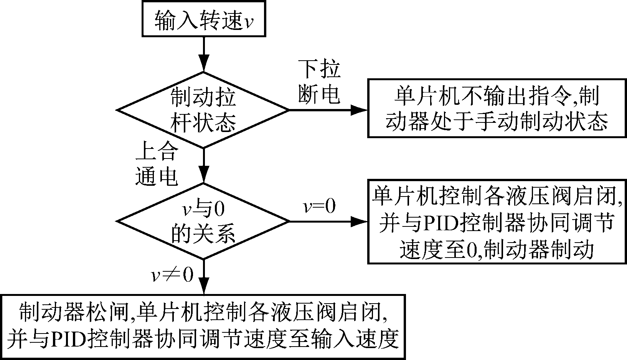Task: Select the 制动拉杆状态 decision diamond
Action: coord(203,110)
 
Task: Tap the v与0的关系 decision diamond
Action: coord(203,221)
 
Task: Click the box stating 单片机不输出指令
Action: coord(497,108)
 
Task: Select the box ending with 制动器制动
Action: coord(497,221)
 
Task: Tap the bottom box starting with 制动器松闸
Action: coord(203,326)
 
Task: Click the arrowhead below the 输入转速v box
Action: coord(203,63)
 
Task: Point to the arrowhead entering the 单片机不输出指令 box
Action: coord(359,110)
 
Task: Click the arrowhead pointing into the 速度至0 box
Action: coord(359,221)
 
